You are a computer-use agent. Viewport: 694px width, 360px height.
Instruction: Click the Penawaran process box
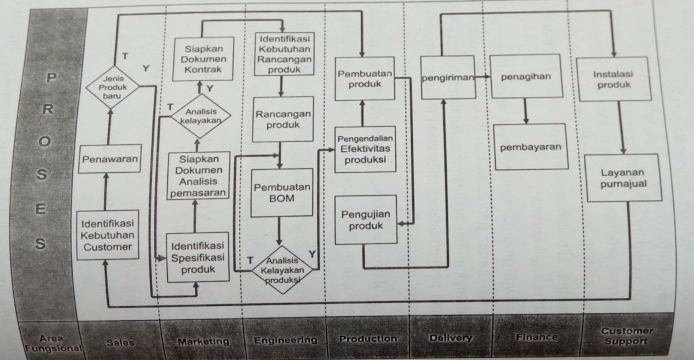tap(108, 160)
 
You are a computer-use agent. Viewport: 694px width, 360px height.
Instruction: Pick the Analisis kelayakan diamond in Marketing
tap(201, 114)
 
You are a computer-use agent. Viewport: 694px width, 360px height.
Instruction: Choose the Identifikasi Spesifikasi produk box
tap(196, 257)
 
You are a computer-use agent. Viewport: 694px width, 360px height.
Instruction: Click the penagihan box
tap(525, 78)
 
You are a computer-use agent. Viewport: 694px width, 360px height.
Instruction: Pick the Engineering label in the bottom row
tap(285, 340)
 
